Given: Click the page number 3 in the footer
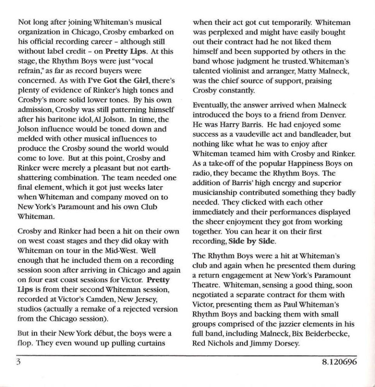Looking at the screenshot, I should click(x=18, y=363).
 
